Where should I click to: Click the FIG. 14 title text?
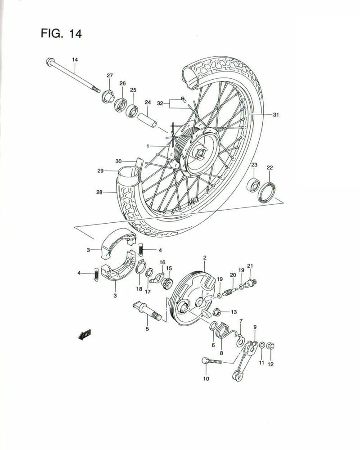point(61,34)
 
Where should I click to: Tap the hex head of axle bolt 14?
point(49,63)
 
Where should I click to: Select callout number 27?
point(110,76)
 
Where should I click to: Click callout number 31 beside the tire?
point(276,115)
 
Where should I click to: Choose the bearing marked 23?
point(253,184)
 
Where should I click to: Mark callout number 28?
point(99,192)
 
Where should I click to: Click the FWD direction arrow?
point(84,334)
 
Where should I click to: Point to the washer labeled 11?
point(262,346)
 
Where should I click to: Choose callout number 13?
point(234,312)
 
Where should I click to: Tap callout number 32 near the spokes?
point(160,103)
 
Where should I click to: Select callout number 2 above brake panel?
point(204,258)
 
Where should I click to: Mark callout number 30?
point(118,161)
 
